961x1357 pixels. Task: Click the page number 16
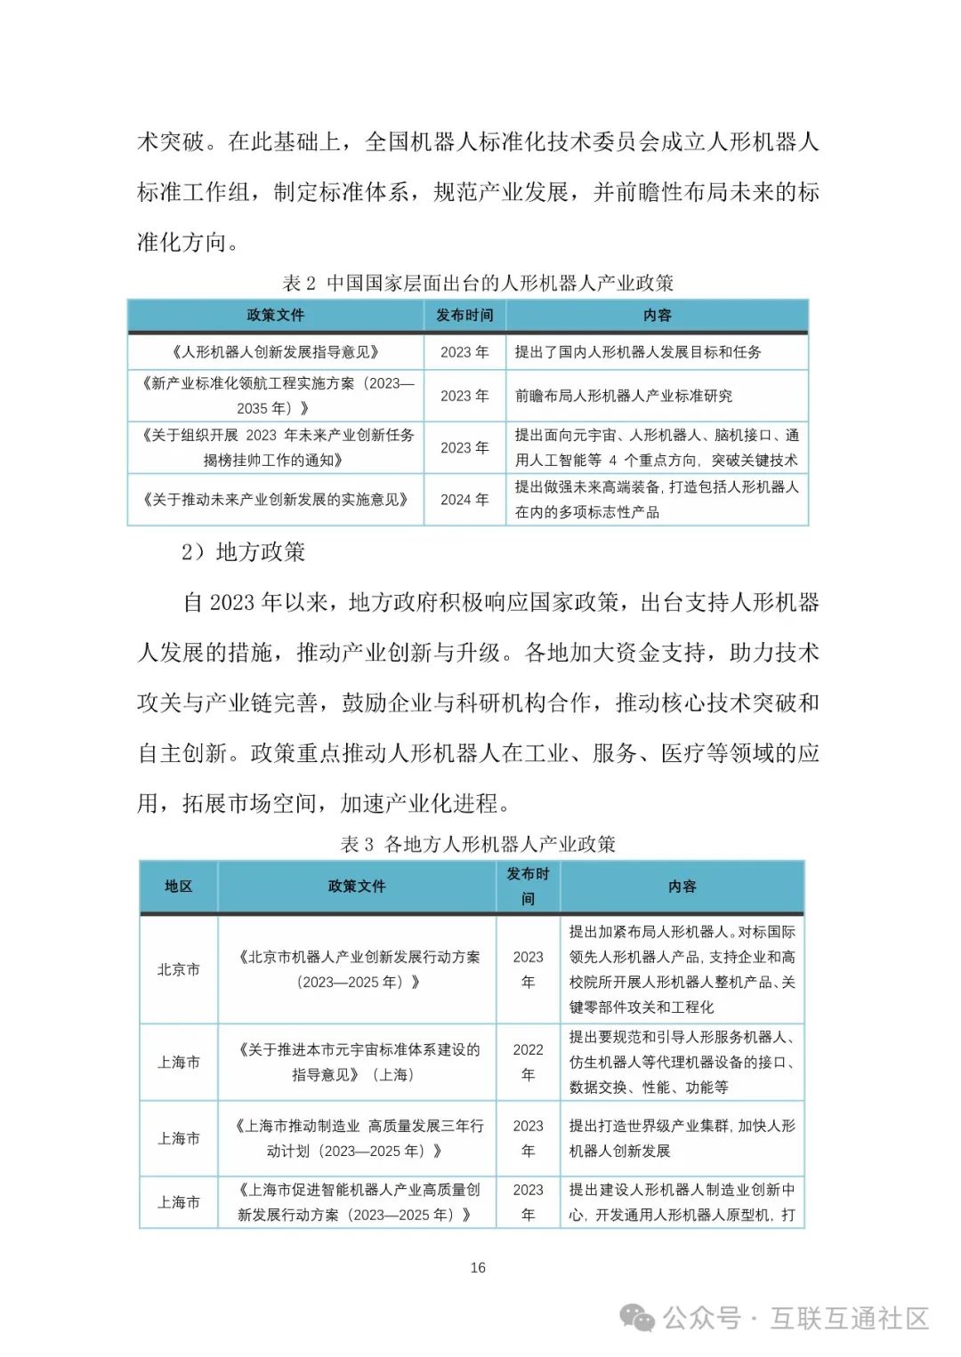pyautogui.click(x=478, y=1267)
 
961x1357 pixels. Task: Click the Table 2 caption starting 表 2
pyautogui.click(x=477, y=284)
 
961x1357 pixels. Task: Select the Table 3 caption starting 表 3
pyautogui.click(x=478, y=844)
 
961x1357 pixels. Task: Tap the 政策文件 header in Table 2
pyautogui.click(x=275, y=315)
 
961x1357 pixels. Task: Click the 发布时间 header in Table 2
pyautogui.click(x=464, y=315)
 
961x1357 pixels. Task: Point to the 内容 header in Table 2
pyautogui.click(x=657, y=315)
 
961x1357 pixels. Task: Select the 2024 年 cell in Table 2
pyautogui.click(x=464, y=500)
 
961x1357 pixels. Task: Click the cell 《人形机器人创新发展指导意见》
pyautogui.click(x=275, y=352)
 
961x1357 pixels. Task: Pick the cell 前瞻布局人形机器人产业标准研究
pyautogui.click(x=624, y=396)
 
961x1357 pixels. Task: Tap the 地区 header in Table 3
pyautogui.click(x=178, y=886)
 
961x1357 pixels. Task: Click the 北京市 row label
pyautogui.click(x=178, y=969)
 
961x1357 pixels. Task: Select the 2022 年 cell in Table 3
pyautogui.click(x=528, y=1062)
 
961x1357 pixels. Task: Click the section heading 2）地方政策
pyautogui.click(x=243, y=552)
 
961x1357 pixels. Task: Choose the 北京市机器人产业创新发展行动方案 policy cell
pyautogui.click(x=357, y=969)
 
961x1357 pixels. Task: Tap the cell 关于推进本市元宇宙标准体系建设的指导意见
pyautogui.click(x=357, y=1062)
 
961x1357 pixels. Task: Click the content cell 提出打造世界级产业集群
pyautogui.click(x=682, y=1138)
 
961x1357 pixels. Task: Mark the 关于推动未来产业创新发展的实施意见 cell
pyautogui.click(x=275, y=500)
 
